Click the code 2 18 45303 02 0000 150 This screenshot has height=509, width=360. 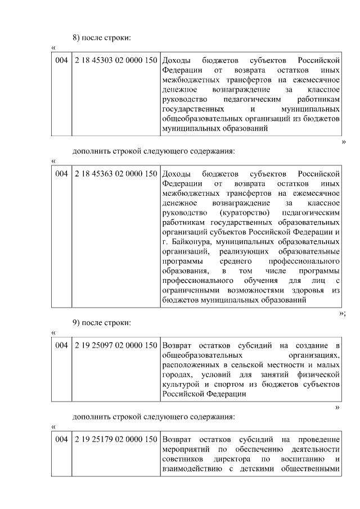pyautogui.click(x=115, y=60)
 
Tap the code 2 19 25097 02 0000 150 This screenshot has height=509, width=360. pyautogui.click(x=115, y=344)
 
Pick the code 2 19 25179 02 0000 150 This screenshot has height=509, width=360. pyautogui.click(x=115, y=438)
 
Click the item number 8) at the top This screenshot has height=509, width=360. pyautogui.click(x=77, y=37)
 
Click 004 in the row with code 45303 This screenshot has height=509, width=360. pyautogui.click(x=61, y=60)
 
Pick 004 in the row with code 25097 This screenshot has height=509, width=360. pyautogui.click(x=61, y=344)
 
